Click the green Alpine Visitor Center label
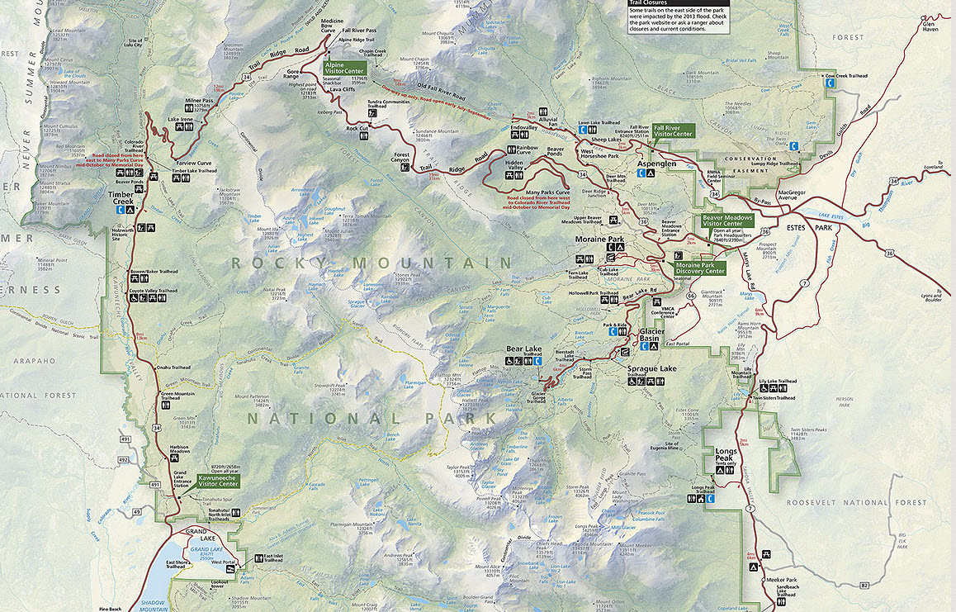pos(345,67)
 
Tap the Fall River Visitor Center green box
pos(673,130)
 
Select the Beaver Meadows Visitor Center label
pos(727,221)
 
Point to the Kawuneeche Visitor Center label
pos(218,481)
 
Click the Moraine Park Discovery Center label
pos(700,268)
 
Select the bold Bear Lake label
pos(523,350)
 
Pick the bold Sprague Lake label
pos(651,368)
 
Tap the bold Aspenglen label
pos(656,164)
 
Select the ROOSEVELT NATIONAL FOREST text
pos(845,502)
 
